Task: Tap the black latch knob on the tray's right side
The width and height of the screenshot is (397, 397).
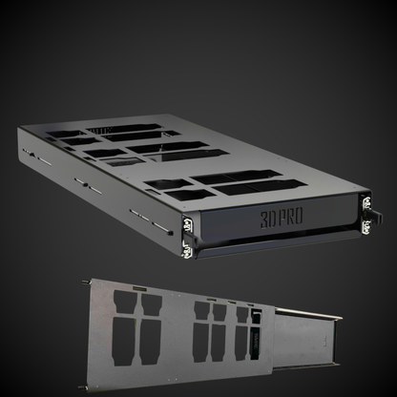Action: (x=375, y=215)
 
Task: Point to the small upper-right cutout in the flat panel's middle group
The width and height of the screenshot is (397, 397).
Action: (x=219, y=310)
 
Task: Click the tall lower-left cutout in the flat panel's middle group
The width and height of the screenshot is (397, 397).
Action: (x=201, y=338)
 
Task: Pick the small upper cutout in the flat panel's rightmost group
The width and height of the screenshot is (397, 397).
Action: (x=241, y=313)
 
